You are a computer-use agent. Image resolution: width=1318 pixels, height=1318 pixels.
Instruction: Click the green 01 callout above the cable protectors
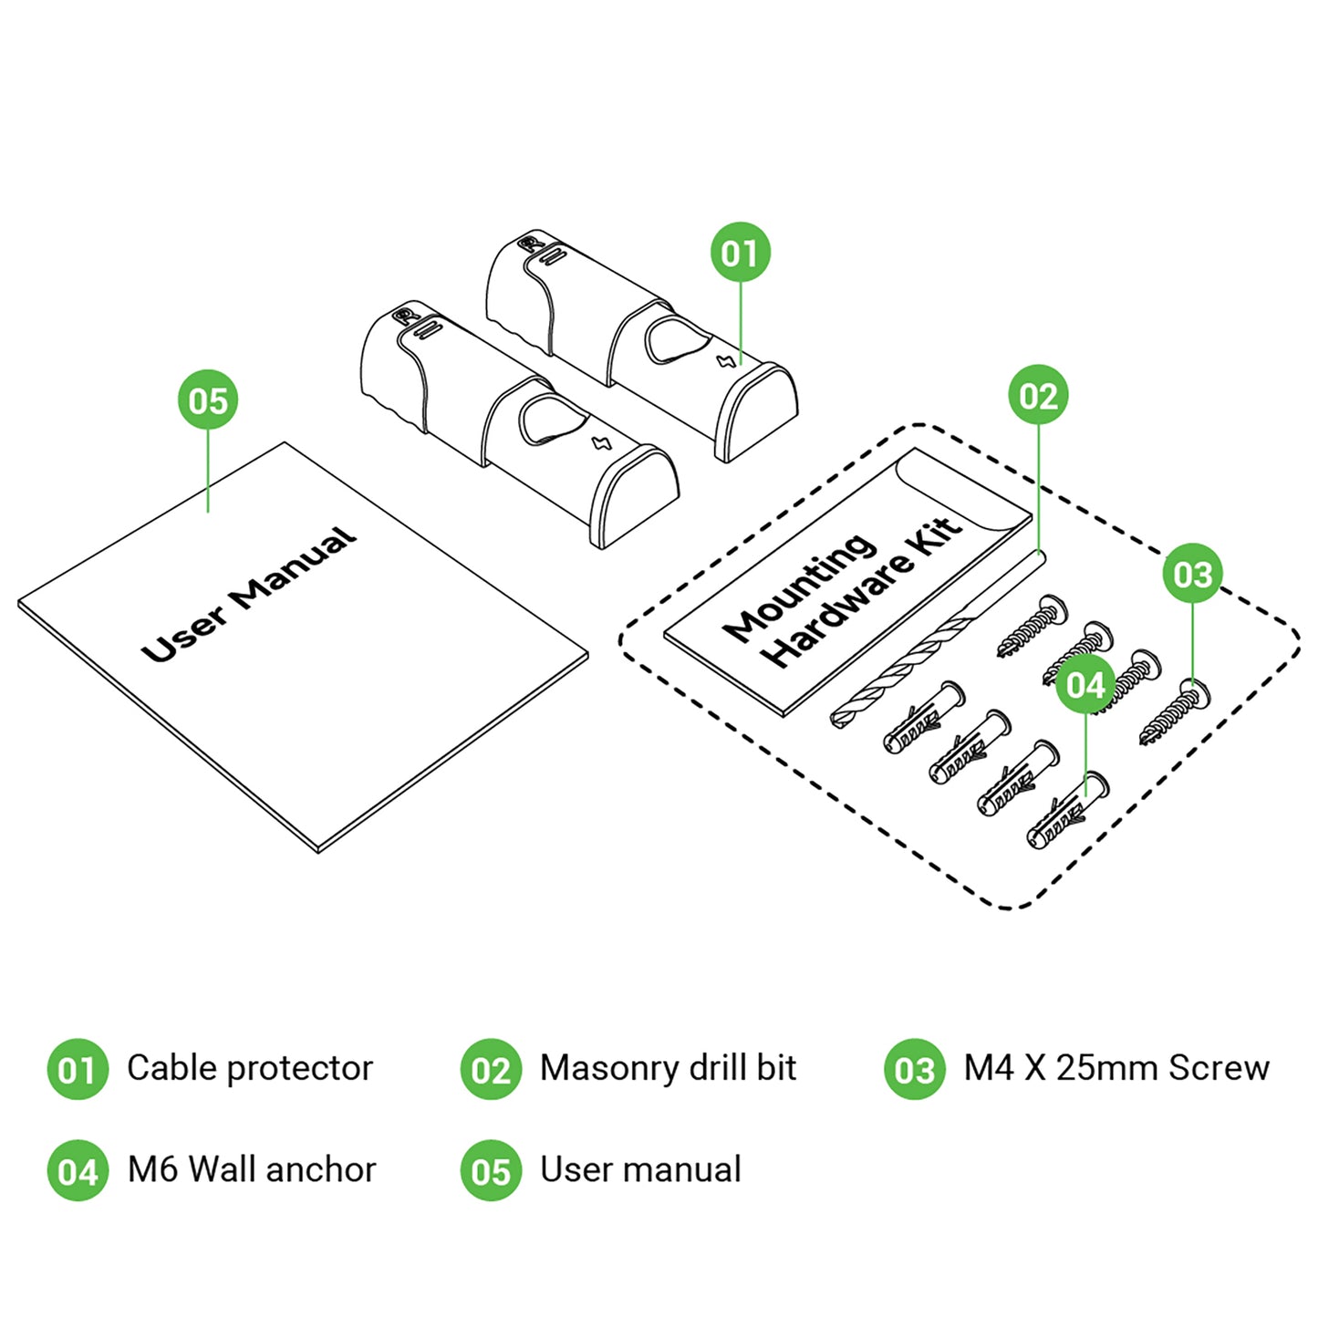(740, 253)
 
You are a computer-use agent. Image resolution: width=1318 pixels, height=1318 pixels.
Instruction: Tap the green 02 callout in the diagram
(1038, 396)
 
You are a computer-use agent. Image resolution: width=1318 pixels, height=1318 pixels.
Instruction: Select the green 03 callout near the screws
(1192, 574)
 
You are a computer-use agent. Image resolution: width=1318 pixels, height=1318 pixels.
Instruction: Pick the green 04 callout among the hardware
(1085, 685)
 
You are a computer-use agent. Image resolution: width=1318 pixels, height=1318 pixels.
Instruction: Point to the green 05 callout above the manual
(208, 400)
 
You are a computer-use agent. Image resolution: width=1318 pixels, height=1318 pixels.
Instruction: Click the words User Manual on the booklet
(248, 595)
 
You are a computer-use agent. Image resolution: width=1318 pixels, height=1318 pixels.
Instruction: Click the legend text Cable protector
(249, 1068)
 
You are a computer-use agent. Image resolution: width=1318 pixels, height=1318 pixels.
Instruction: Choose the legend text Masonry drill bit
(668, 1068)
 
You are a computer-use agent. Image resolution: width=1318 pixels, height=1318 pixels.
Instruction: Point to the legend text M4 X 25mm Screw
(1116, 1068)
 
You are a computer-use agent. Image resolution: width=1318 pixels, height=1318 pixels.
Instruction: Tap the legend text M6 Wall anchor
(251, 1169)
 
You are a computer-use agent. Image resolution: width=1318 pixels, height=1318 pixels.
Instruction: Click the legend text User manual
(640, 1169)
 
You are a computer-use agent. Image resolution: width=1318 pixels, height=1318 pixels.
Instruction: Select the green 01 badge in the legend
(78, 1069)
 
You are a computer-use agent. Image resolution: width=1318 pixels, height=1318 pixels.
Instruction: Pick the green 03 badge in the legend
(914, 1069)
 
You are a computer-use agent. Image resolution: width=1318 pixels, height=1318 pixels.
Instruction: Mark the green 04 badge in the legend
(78, 1170)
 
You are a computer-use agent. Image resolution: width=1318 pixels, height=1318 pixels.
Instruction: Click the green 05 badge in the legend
(491, 1170)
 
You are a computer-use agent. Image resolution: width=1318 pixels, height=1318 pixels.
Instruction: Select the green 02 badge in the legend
(491, 1069)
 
